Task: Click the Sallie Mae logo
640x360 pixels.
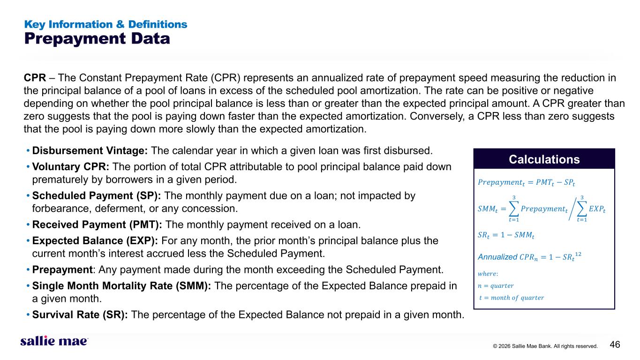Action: [x=54, y=341]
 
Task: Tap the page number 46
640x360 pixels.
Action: [x=615, y=345]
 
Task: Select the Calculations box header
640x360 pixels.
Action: [x=544, y=159]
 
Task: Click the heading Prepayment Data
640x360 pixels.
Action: [x=97, y=38]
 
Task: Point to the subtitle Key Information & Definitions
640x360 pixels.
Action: [x=105, y=24]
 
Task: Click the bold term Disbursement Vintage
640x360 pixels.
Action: [x=90, y=150]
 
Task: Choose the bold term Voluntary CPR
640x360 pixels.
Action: [x=71, y=166]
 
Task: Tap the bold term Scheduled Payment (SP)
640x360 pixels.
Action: [x=97, y=196]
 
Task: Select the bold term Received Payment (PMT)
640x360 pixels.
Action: [x=97, y=225]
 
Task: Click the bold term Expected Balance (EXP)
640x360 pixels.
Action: [x=95, y=241]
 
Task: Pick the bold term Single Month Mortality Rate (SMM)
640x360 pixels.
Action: [x=121, y=286]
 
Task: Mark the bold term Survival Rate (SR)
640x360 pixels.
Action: [x=80, y=315]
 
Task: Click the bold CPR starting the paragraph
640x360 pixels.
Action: [x=35, y=78]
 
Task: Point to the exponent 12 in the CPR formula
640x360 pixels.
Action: [x=578, y=254]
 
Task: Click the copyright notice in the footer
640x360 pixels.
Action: [x=545, y=346]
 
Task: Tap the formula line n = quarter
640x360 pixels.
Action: [x=496, y=286]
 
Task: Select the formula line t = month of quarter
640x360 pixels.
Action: [x=512, y=298]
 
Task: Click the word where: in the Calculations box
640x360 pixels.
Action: [x=488, y=274]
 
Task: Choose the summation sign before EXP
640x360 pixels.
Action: [x=582, y=209]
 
